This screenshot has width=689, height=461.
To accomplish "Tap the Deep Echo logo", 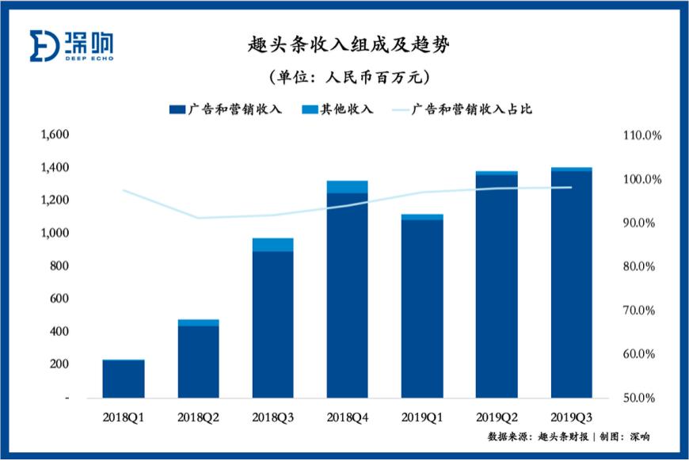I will [71, 45].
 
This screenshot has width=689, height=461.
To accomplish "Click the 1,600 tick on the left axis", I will [56, 135].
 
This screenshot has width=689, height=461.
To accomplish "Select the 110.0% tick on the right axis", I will [641, 135].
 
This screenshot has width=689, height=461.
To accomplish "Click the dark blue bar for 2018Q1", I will [124, 379].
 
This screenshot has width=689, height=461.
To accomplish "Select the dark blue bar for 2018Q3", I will [273, 325].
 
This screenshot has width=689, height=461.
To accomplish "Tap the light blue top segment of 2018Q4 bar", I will [348, 187].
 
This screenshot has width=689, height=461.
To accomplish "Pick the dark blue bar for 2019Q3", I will [572, 285].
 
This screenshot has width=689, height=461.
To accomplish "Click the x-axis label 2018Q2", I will [198, 416].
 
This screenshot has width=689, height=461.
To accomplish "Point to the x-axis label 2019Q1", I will [422, 416].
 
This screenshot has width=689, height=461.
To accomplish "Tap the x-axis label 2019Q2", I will [497, 416].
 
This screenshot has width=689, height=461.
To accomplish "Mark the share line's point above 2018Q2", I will [198, 218].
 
